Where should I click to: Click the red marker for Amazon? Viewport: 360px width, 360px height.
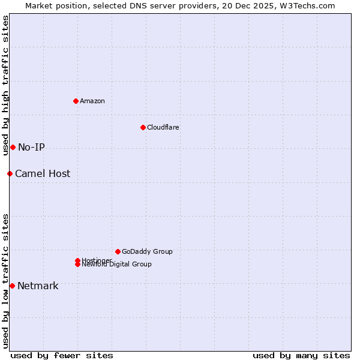pyautogui.click(x=76, y=101)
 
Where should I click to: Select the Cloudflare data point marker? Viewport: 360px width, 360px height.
pyautogui.click(x=143, y=127)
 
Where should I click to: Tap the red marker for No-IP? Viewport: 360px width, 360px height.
pyautogui.click(x=13, y=147)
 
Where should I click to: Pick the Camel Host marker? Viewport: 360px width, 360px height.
pyautogui.click(x=10, y=173)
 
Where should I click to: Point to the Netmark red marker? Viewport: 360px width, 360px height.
pyautogui.click(x=12, y=286)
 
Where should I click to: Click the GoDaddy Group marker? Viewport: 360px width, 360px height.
pyautogui.click(x=118, y=251)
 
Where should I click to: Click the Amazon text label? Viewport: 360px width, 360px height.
pyautogui.click(x=92, y=101)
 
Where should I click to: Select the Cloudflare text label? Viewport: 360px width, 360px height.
pyautogui.click(x=163, y=127)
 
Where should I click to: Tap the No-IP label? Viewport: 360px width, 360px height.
pyautogui.click(x=31, y=148)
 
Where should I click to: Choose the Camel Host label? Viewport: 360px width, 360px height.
pyautogui.click(x=43, y=174)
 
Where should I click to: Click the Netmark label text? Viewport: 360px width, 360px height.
pyautogui.click(x=38, y=286)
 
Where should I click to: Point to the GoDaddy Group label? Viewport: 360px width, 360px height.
pyautogui.click(x=147, y=252)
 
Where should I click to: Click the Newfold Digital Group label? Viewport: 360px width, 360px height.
pyautogui.click(x=117, y=265)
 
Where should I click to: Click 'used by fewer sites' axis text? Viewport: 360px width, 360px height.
pyautogui.click(x=62, y=355)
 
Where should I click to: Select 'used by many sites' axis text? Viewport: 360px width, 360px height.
pyautogui.click(x=301, y=355)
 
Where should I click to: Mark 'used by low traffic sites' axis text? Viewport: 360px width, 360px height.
pyautogui.click(x=5, y=280)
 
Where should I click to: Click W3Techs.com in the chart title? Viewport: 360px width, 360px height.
pyautogui.click(x=308, y=5)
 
